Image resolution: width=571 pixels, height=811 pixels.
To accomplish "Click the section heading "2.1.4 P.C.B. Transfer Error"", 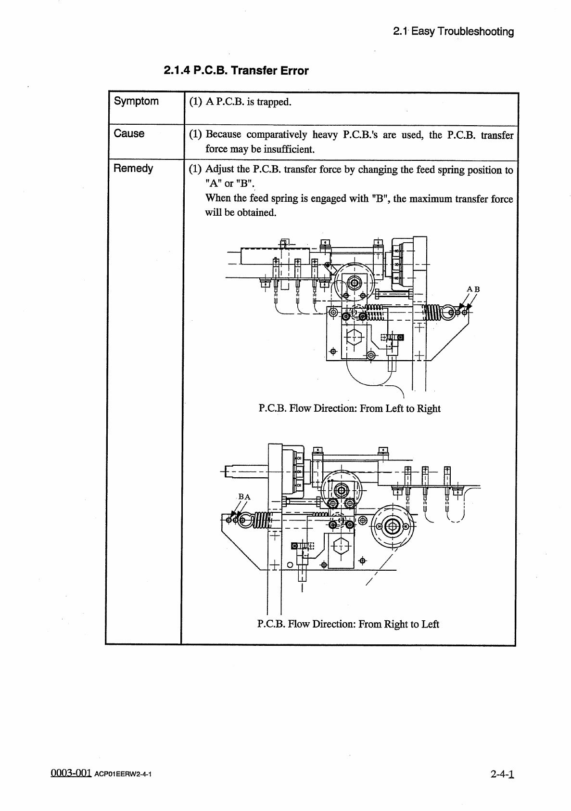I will click(x=236, y=71).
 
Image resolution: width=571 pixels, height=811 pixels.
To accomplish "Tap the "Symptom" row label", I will click(x=136, y=101).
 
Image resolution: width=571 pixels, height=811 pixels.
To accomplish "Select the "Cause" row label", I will click(x=129, y=133).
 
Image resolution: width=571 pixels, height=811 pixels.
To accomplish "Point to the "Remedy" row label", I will click(x=133, y=168).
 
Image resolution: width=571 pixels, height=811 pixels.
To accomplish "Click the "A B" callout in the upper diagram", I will click(x=473, y=289).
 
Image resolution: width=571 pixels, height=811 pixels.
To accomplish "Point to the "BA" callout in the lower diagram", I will click(x=244, y=497).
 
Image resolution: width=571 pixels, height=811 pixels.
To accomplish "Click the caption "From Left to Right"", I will click(x=400, y=408).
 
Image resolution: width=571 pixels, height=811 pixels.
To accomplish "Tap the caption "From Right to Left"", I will click(x=399, y=624).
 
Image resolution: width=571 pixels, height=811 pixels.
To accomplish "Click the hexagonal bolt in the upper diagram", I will click(x=354, y=338).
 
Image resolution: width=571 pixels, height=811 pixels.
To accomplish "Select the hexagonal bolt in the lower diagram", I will click(x=341, y=547).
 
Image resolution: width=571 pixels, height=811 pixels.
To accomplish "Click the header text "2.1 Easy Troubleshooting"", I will click(x=453, y=32).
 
